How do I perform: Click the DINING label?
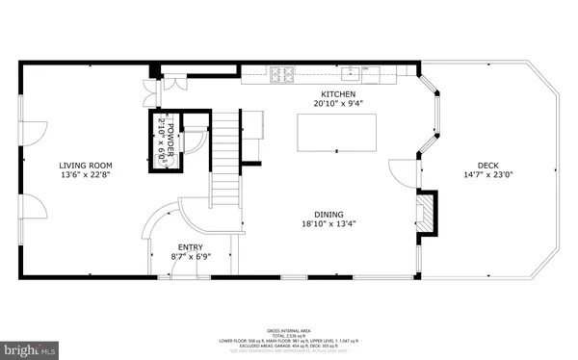point(328,215)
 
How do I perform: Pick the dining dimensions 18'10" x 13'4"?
point(328,225)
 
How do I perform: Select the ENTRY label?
point(190,246)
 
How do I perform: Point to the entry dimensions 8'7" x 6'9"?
point(190,257)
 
